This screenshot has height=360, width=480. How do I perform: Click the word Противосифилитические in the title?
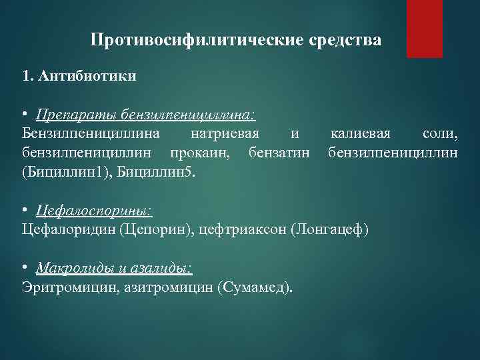click(x=198, y=41)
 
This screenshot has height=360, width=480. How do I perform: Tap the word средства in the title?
click(x=346, y=41)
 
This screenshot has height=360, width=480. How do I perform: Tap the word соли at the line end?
click(x=440, y=135)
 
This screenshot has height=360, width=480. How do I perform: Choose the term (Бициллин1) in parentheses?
click(x=67, y=173)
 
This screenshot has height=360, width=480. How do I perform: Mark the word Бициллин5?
click(x=157, y=173)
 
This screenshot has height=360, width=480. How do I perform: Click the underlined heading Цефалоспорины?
click(x=94, y=211)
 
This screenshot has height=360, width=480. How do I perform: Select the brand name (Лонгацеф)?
click(x=329, y=230)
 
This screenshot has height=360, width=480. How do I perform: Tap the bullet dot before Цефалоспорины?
click(x=25, y=211)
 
